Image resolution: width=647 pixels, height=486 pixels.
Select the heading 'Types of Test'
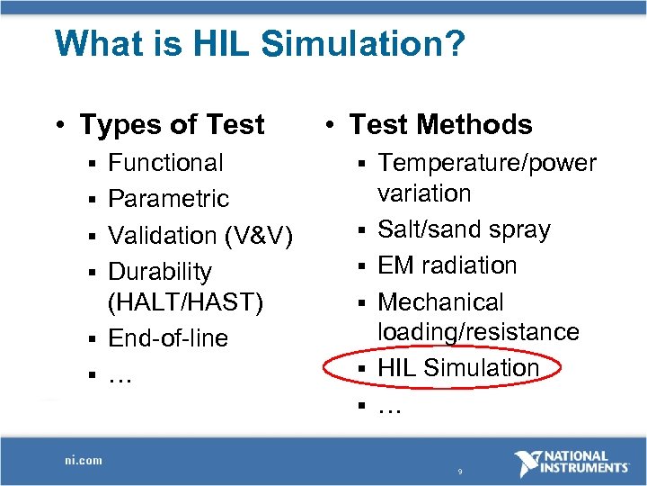pyautogui.click(x=172, y=124)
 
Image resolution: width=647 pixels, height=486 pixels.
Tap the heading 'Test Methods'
pyautogui.click(x=440, y=124)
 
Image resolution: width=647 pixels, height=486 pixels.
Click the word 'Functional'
pyautogui.click(x=165, y=163)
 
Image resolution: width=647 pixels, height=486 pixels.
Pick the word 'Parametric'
pyautogui.click(x=168, y=199)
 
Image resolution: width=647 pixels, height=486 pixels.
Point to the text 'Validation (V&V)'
pyautogui.click(x=200, y=235)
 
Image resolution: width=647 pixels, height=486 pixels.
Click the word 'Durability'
pyautogui.click(x=160, y=271)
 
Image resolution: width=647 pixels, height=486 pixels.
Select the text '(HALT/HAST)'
pyautogui.click(x=185, y=302)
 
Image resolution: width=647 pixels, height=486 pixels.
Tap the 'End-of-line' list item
pyautogui.click(x=168, y=338)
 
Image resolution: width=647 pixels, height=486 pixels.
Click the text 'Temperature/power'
pyautogui.click(x=486, y=163)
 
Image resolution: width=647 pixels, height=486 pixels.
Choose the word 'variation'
pyautogui.click(x=424, y=193)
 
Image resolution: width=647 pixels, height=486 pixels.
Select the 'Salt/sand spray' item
pyautogui.click(x=464, y=229)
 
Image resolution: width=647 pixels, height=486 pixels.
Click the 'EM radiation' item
pyautogui.click(x=448, y=265)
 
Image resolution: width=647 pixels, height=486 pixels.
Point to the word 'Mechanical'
pyautogui.click(x=440, y=301)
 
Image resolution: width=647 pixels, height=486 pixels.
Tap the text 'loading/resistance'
pyautogui.click(x=478, y=332)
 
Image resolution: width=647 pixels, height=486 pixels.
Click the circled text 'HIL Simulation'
pyautogui.click(x=458, y=368)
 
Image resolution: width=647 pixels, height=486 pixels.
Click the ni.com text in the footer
pyautogui.click(x=84, y=460)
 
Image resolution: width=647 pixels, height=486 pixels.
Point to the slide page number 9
pyautogui.click(x=459, y=472)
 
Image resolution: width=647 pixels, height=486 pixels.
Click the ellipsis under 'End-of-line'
pyautogui.click(x=120, y=376)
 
